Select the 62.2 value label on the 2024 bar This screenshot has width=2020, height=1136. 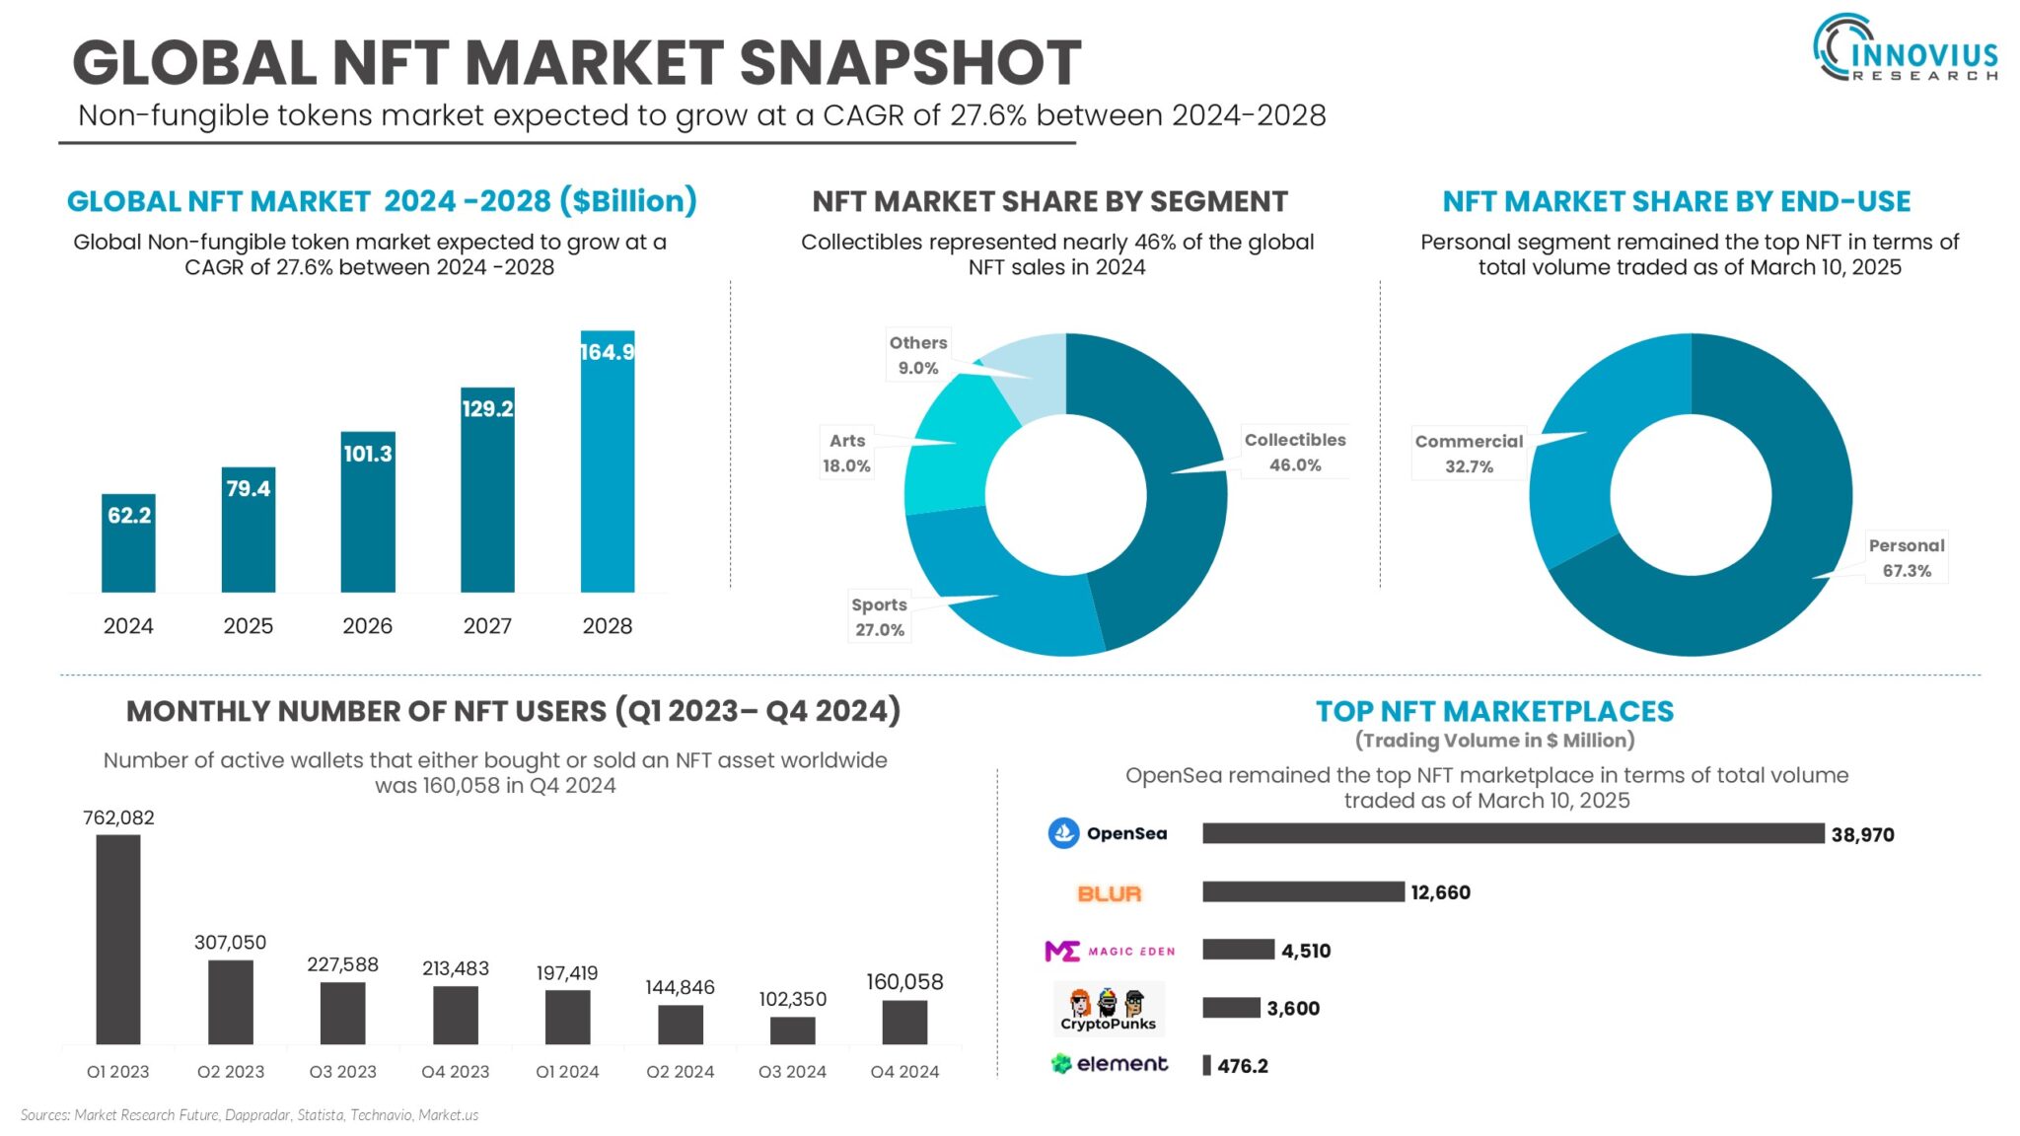pos(129,515)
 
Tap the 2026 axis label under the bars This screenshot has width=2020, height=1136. pos(367,626)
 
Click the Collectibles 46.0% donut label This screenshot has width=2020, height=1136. pos(1294,452)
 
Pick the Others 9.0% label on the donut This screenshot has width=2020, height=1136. pos(917,355)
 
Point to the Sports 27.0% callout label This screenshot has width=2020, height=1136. pos(879,617)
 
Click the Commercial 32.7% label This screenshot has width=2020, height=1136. pos(1468,454)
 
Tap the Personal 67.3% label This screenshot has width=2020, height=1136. pos(1906,557)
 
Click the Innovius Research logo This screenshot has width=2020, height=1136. pos(1906,49)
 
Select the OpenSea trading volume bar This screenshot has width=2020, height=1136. pos(1512,833)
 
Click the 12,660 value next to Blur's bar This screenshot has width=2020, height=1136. pos(1440,892)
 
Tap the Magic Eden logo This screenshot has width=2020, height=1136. pos(1110,951)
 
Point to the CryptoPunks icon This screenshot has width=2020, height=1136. pos(1108,1008)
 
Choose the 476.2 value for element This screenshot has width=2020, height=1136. pos(1242,1066)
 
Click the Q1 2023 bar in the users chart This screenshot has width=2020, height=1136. pos(118,939)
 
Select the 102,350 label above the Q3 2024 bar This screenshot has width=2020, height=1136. pos(792,999)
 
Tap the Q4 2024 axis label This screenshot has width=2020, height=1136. pos(904,1072)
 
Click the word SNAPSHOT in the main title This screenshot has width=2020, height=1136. pos(909,63)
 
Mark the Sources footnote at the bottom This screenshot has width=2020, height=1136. pos(249,1115)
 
